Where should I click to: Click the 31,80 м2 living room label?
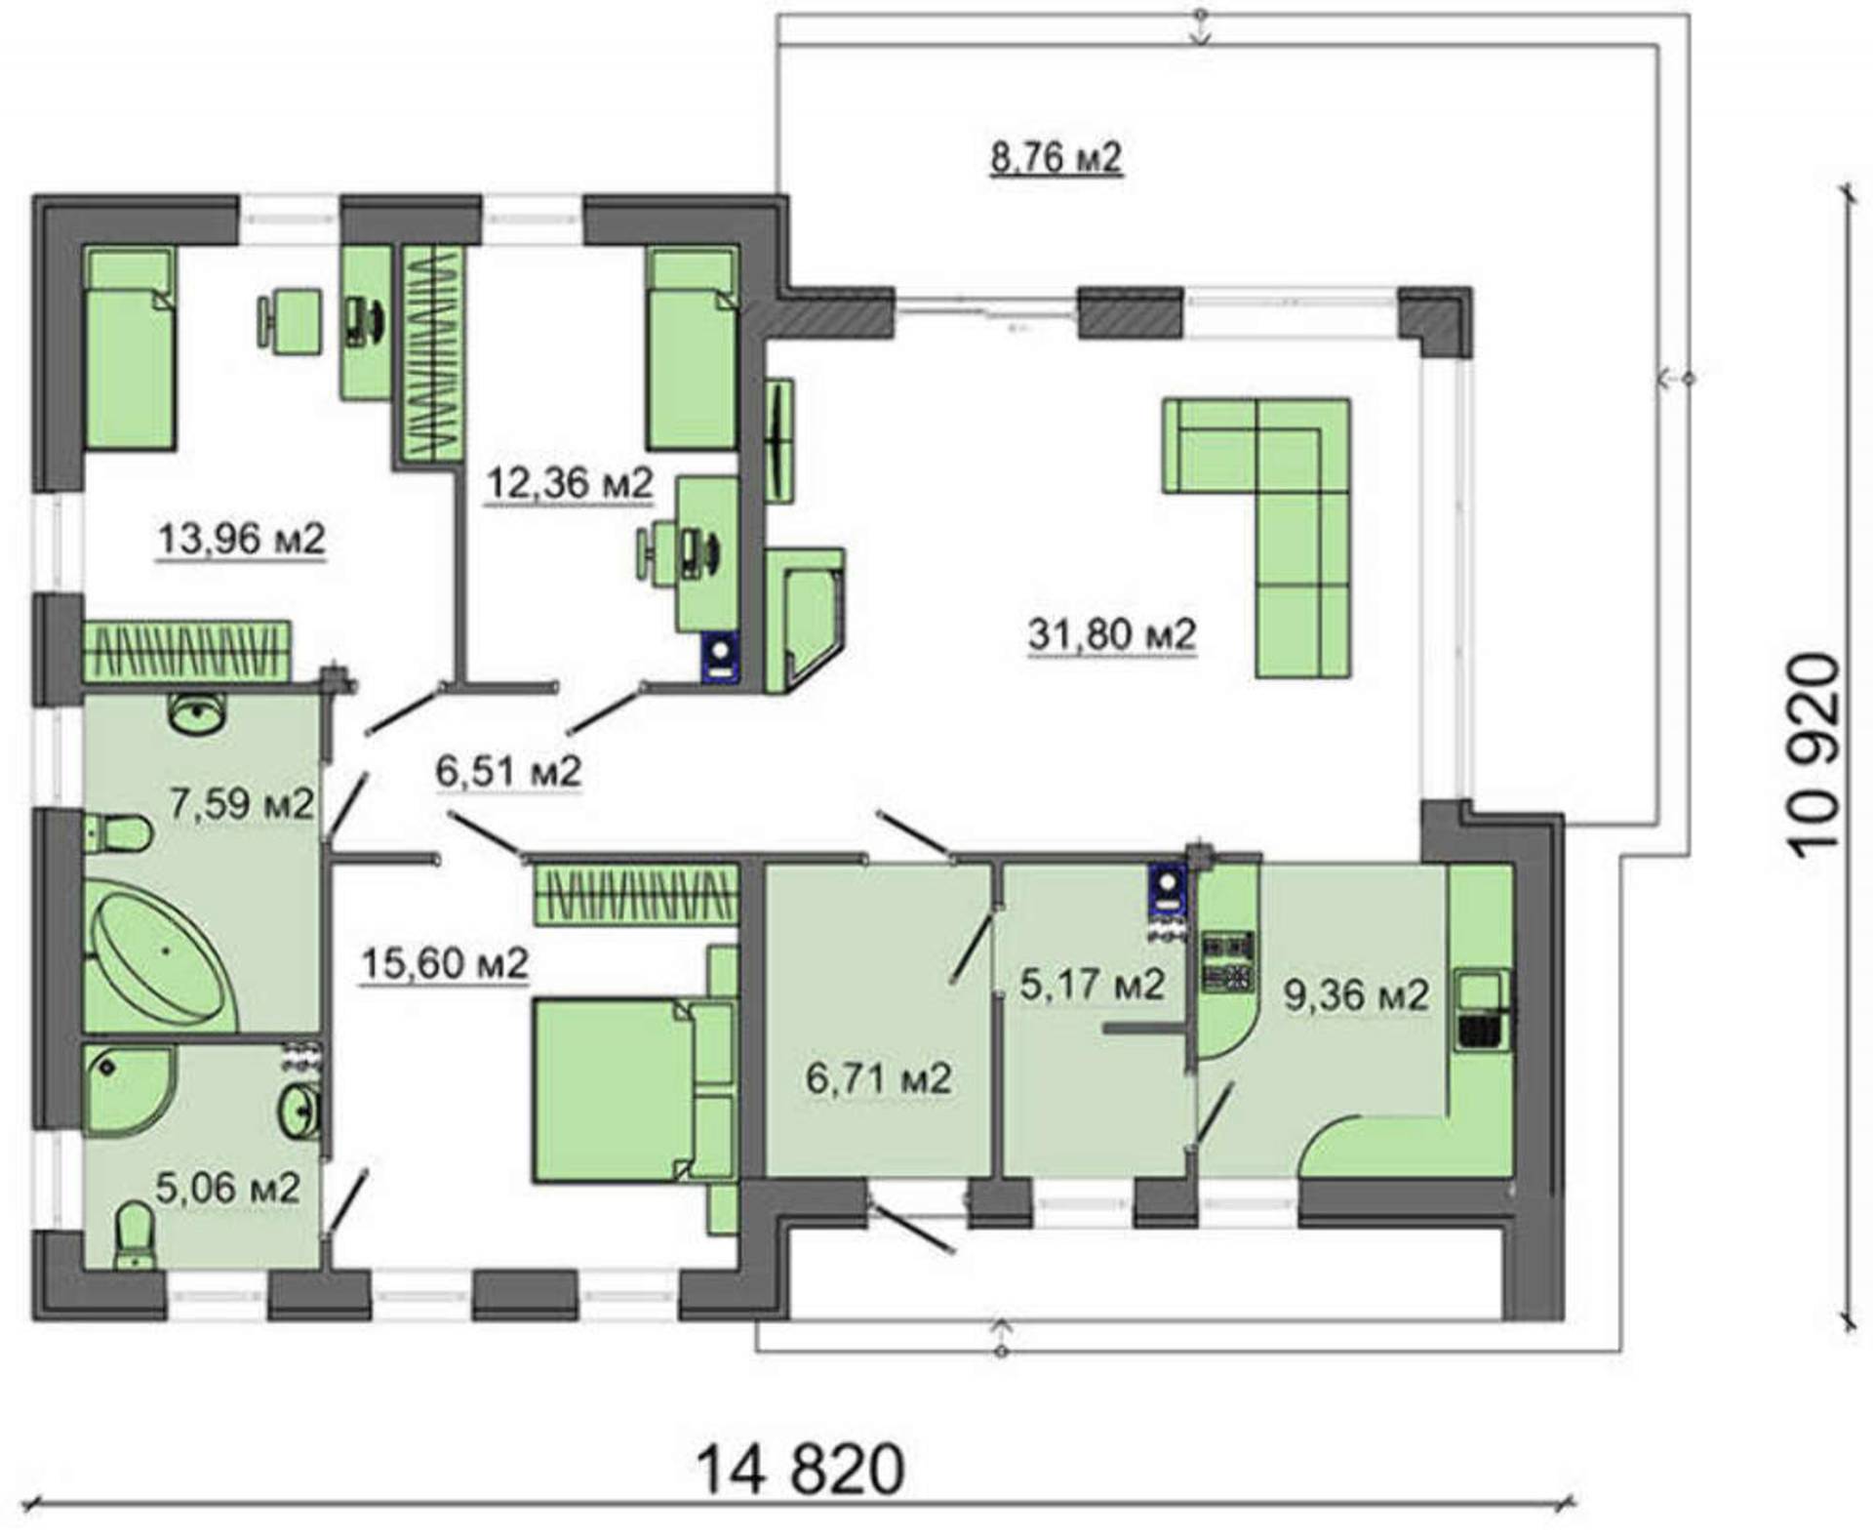tap(1111, 635)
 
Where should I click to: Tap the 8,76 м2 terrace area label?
tap(1056, 157)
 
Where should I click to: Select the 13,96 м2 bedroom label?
tap(241, 539)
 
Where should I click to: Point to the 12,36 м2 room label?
tap(569, 483)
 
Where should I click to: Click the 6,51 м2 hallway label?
tap(508, 772)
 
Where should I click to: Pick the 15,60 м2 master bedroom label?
tap(445, 964)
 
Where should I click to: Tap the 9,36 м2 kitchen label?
tap(1356, 995)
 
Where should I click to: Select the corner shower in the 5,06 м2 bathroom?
tap(127, 1090)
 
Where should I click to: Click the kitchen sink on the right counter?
tap(1482, 1009)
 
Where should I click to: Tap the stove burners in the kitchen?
tap(1227, 962)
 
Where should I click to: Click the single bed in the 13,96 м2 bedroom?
tap(131, 348)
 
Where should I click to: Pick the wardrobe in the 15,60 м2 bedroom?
tap(636, 895)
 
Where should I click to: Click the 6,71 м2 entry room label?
tap(878, 1078)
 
